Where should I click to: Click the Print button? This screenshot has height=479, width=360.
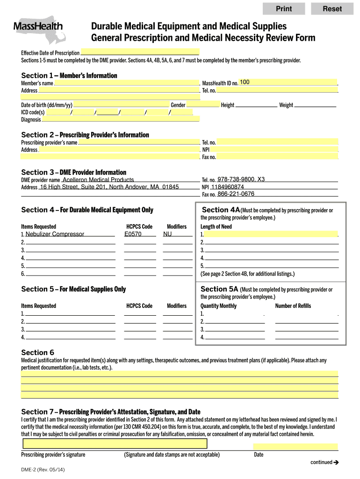(x=284, y=8)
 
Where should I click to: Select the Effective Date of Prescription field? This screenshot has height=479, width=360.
(x=140, y=52)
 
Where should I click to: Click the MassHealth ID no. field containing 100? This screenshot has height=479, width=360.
(x=288, y=82)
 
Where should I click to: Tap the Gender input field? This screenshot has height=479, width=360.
(x=203, y=105)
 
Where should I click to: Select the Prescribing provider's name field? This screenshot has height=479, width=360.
(x=138, y=142)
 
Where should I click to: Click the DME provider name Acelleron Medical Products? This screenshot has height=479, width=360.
(x=98, y=180)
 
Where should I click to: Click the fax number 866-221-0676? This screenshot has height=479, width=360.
(x=236, y=194)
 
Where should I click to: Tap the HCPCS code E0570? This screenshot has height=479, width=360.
(x=133, y=234)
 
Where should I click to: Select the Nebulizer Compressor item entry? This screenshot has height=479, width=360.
(x=55, y=234)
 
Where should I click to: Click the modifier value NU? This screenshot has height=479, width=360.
(x=167, y=234)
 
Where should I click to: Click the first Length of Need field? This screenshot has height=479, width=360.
(x=271, y=234)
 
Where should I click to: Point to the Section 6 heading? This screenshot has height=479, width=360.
(x=38, y=352)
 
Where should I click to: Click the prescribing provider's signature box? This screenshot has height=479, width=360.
(x=115, y=444)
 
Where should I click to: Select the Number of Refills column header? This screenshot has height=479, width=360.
(x=293, y=306)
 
